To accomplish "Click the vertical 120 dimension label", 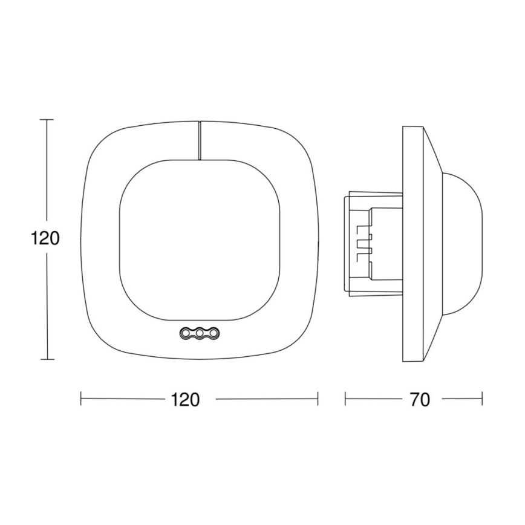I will click(45, 238).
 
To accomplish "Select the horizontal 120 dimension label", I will click(185, 400).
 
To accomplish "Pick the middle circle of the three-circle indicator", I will click(198, 333).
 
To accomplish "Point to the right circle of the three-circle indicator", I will click(212, 333).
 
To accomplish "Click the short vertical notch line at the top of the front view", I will click(199, 140).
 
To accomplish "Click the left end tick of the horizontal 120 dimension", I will click(81, 399).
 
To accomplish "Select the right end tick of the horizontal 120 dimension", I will click(318, 399).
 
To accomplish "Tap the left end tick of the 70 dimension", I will click(345, 399).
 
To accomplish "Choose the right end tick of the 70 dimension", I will click(482, 399).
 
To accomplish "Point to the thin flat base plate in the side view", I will click(413, 242).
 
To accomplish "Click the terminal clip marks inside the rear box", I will click(362, 242).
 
